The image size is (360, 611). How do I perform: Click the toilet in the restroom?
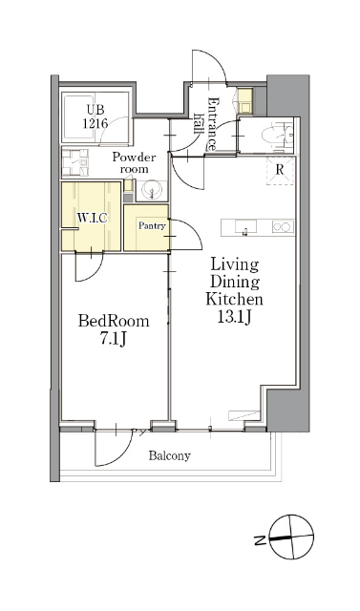tap(278, 136)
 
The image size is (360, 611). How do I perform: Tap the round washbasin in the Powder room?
tap(152, 191)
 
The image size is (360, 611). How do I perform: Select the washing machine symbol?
tap(74, 162)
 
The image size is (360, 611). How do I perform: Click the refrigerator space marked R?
tap(279, 170)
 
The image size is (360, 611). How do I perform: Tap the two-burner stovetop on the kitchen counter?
tap(283, 227)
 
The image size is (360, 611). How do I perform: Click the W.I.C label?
tap(92, 218)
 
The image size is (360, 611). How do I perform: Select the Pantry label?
tap(152, 225)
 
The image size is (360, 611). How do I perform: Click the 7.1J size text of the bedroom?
tap(114, 339)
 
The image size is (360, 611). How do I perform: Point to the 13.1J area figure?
tap(234, 317)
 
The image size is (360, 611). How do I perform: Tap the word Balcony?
tap(169, 455)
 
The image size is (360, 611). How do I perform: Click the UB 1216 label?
tap(95, 116)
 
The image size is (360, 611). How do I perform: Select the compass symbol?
tap(291, 537)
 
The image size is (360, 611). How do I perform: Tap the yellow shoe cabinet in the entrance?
tap(245, 101)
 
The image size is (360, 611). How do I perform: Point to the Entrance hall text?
tap(206, 124)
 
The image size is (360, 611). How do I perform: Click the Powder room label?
tap(134, 163)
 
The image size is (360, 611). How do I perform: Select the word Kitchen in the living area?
tap(234, 299)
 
